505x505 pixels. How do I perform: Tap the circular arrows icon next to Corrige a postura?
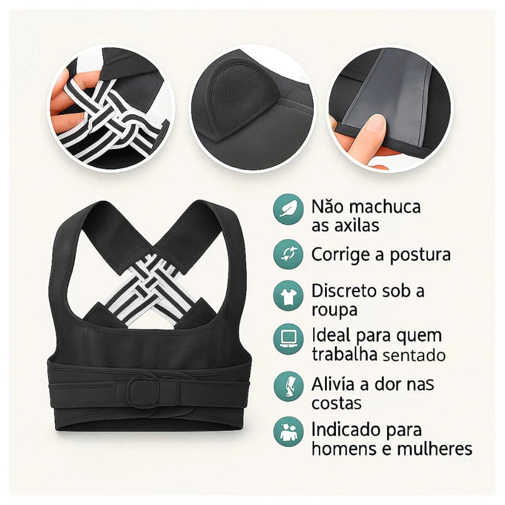click(288, 254)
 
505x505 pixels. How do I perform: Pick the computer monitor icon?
click(288, 340)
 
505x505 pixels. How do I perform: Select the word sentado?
click(413, 355)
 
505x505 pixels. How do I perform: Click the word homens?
click(346, 449)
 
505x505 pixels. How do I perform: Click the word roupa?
click(335, 310)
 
